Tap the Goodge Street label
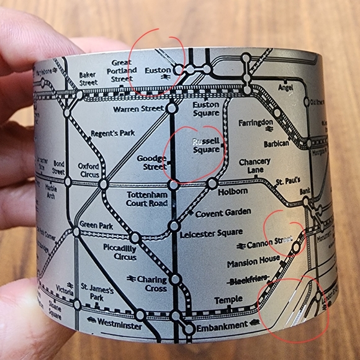(151, 163)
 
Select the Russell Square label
(206, 146)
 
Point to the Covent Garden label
(223, 213)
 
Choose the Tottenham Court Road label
(147, 199)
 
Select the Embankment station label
(222, 326)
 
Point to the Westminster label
(119, 325)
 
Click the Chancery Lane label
(254, 166)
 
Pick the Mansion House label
(253, 263)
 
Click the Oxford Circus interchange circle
(103, 184)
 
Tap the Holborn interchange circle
(212, 184)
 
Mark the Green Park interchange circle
(76, 232)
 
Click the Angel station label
(285, 88)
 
